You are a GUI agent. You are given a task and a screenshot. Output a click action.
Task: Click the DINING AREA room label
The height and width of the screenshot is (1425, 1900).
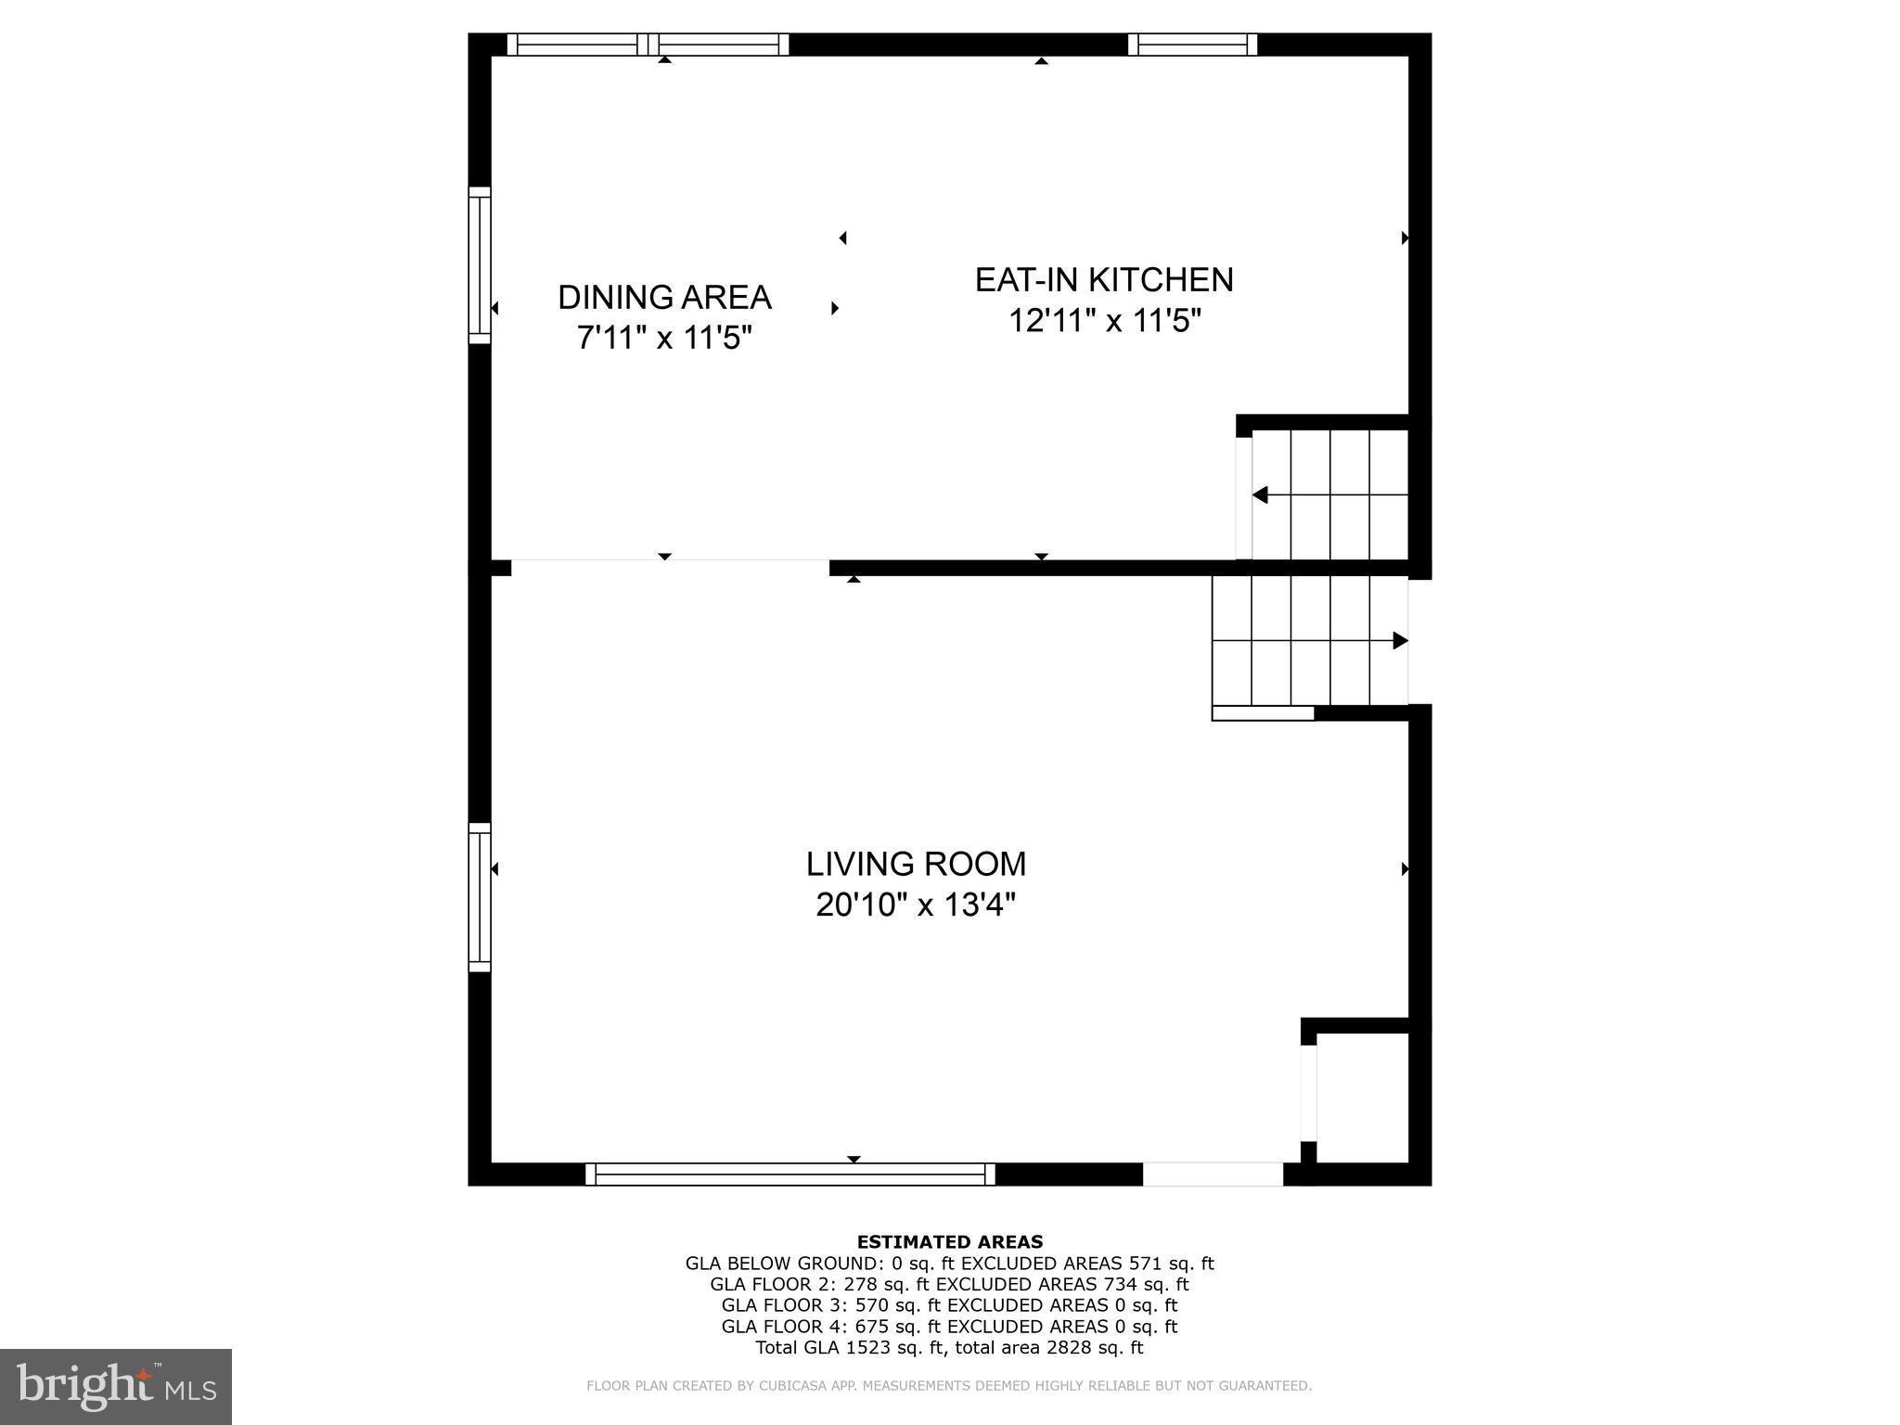click(x=664, y=298)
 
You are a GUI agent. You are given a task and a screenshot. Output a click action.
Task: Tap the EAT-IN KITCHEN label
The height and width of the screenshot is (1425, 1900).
click(x=1104, y=280)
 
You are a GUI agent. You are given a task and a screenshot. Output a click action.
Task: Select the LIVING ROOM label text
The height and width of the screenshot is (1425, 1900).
click(x=916, y=864)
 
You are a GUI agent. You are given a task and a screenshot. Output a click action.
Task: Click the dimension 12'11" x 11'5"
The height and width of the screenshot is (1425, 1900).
click(x=1104, y=321)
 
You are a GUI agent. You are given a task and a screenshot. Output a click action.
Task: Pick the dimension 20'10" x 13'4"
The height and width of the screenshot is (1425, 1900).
click(x=916, y=905)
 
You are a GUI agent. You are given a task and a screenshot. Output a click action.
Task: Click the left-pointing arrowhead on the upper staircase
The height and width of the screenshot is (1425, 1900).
click(x=1260, y=495)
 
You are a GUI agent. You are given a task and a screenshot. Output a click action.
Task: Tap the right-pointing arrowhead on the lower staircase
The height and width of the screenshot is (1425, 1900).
click(x=1400, y=640)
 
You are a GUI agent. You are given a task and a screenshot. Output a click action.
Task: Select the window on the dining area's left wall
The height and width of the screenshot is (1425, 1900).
click(x=479, y=265)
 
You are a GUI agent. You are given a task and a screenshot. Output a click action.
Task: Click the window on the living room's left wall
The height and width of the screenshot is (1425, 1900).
click(x=479, y=897)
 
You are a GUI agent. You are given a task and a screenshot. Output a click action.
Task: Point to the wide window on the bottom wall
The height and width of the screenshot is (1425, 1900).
click(x=790, y=1175)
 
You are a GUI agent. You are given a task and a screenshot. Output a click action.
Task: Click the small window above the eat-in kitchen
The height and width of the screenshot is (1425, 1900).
click(x=1192, y=45)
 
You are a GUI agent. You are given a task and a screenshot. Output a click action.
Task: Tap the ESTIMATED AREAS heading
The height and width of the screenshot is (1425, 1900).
click(x=949, y=1241)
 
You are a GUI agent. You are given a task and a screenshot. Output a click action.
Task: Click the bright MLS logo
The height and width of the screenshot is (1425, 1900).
click(x=116, y=1386)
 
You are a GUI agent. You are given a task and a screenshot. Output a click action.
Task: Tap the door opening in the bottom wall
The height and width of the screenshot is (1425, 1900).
click(x=1212, y=1175)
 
